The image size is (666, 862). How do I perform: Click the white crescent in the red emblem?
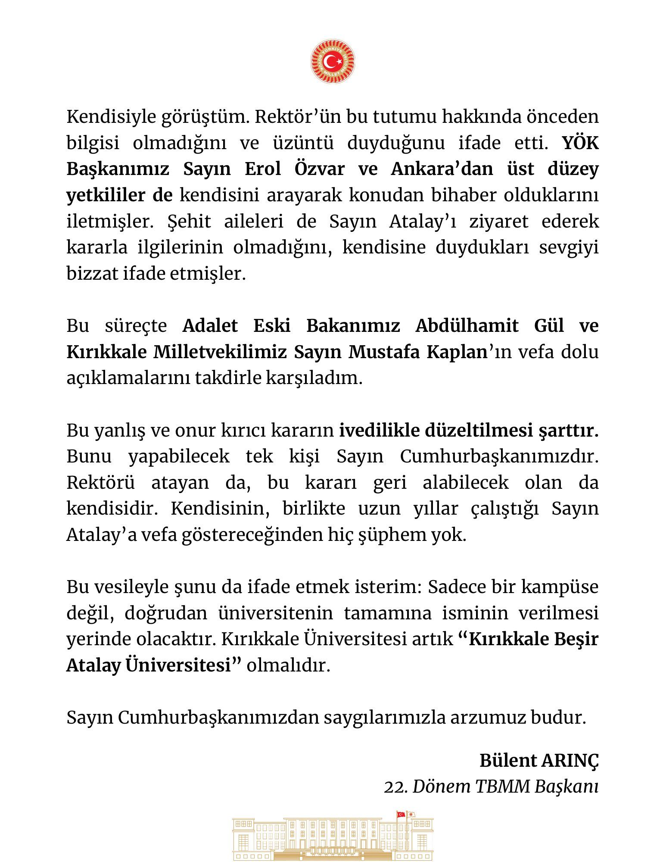(330, 62)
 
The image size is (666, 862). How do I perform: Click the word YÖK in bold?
(581, 143)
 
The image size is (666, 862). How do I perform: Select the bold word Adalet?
(210, 325)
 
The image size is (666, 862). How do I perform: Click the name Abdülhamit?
(467, 325)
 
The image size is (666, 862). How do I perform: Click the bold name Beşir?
(576, 639)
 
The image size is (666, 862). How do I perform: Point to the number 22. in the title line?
(395, 787)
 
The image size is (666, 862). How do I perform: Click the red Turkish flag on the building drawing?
(401, 814)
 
